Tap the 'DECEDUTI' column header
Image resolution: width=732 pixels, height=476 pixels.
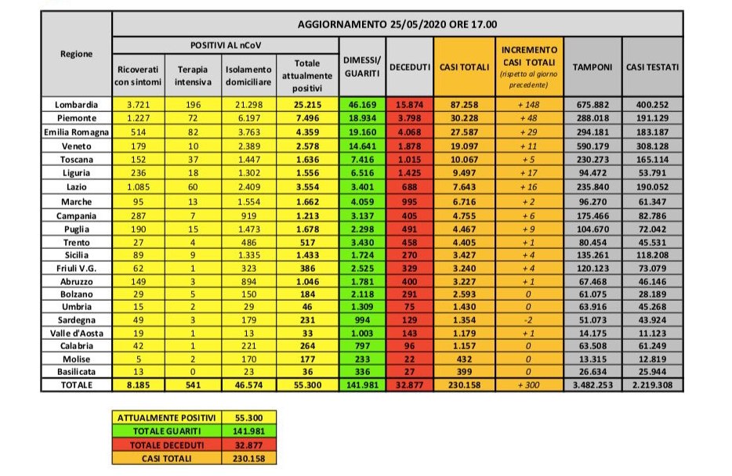tap(410, 68)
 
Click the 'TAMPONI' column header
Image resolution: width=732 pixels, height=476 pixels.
tap(592, 68)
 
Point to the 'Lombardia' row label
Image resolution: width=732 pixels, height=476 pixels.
tap(77, 105)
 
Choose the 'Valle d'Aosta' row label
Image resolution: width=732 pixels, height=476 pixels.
tap(77, 334)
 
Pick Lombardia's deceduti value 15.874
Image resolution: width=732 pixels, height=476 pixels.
tap(410, 105)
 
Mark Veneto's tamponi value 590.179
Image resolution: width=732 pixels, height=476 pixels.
tap(592, 146)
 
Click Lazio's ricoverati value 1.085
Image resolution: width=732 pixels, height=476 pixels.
tap(136, 187)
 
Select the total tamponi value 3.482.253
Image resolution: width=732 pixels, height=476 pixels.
tap(592, 386)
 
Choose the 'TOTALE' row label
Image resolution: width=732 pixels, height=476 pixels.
tap(77, 386)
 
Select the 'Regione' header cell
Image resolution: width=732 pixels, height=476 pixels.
tap(77, 55)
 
